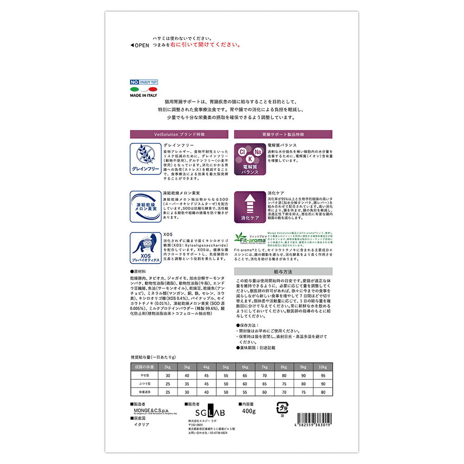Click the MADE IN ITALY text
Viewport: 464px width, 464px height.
144,95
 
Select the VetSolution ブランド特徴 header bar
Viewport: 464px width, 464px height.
179,134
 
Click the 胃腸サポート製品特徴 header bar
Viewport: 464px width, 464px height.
283,134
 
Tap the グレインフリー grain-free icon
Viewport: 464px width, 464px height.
145,158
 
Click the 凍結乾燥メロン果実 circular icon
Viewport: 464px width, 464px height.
145,205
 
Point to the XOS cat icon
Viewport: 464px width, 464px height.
145,249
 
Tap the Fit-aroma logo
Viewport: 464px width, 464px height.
250,237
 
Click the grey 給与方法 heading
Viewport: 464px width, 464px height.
283,271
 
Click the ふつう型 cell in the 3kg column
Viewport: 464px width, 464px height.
186,384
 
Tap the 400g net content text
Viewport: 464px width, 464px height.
249,412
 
